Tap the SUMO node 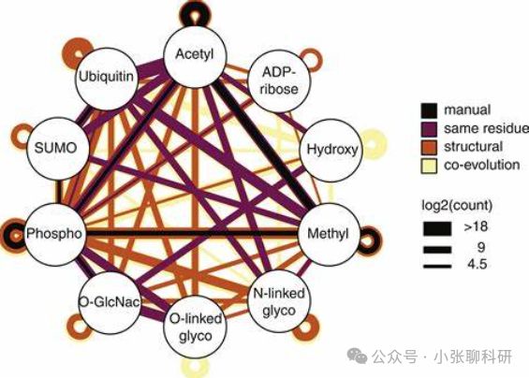click(57, 149)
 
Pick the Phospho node click(54, 234)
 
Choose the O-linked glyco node click(195, 327)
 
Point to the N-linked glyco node click(279, 301)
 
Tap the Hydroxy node click(331, 150)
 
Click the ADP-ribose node click(279, 80)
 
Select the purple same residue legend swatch click(429, 129)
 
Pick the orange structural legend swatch click(429, 147)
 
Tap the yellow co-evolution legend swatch click(429, 166)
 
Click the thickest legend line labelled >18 click(437, 228)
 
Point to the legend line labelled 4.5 click(437, 267)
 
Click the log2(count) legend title click(457, 205)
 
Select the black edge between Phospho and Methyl click(192, 233)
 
